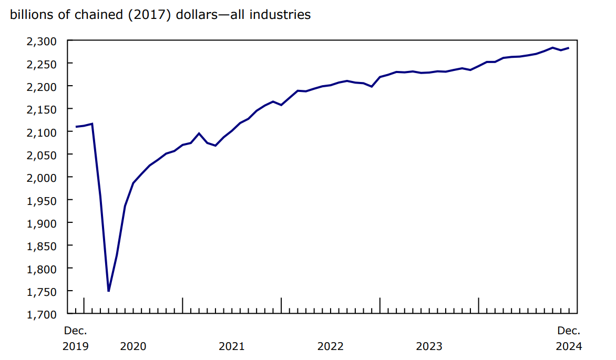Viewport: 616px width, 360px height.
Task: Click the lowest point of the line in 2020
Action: pos(109,291)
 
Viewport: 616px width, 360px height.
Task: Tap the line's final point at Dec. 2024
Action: pos(569,48)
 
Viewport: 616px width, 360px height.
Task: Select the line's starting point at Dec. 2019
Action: pos(76,127)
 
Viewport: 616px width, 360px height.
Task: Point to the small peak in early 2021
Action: pos(199,133)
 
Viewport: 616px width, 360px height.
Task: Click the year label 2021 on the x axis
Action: pos(231,346)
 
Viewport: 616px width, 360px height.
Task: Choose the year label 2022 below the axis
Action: pos(330,346)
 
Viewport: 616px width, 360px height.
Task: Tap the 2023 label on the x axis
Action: pos(429,346)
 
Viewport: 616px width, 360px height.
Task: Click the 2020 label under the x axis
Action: pos(133,346)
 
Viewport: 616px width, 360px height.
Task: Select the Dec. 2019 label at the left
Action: pos(76,338)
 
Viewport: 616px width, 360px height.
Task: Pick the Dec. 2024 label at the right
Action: pos(569,338)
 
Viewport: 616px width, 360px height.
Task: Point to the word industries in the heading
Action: pos(280,15)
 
